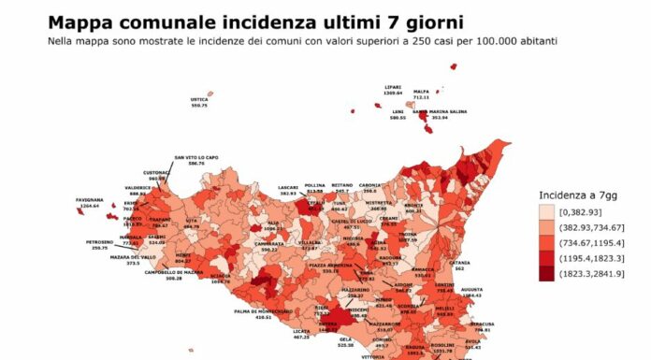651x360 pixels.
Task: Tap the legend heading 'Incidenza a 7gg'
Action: [576, 195]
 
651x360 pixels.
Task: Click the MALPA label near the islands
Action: [421, 92]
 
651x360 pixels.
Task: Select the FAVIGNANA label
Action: [90, 198]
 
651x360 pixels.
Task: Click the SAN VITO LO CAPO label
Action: [195, 157]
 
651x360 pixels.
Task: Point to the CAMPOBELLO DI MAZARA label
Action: [173, 272]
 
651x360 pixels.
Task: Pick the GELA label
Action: [346, 339]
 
